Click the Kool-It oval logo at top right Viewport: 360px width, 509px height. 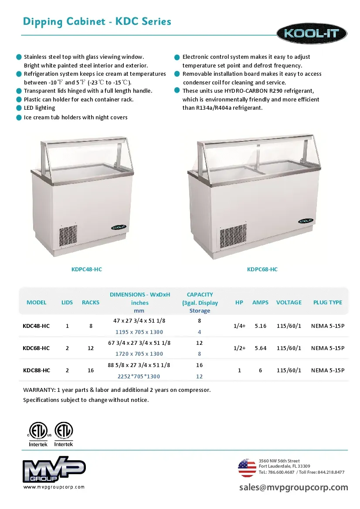tap(312, 34)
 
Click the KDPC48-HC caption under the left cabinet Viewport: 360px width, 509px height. tap(87, 270)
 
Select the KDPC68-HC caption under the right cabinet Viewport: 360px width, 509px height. tap(262, 270)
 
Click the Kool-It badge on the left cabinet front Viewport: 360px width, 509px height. tap(119, 227)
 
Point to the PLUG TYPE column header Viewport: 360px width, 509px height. tap(327, 302)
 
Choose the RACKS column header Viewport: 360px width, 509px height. tap(91, 302)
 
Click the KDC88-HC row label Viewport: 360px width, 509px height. tap(36, 371)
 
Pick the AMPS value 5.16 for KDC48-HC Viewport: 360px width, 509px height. tap(260, 326)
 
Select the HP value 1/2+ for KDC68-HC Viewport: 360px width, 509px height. tap(239, 348)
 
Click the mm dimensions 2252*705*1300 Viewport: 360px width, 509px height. tap(139, 376)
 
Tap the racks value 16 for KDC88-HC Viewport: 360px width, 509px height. tap(91, 371)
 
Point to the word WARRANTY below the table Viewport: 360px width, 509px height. tap(38, 390)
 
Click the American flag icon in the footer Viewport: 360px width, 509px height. tap(247, 468)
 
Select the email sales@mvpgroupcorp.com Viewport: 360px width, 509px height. tap(293, 488)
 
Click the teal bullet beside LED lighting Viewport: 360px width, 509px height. tap(19, 108)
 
